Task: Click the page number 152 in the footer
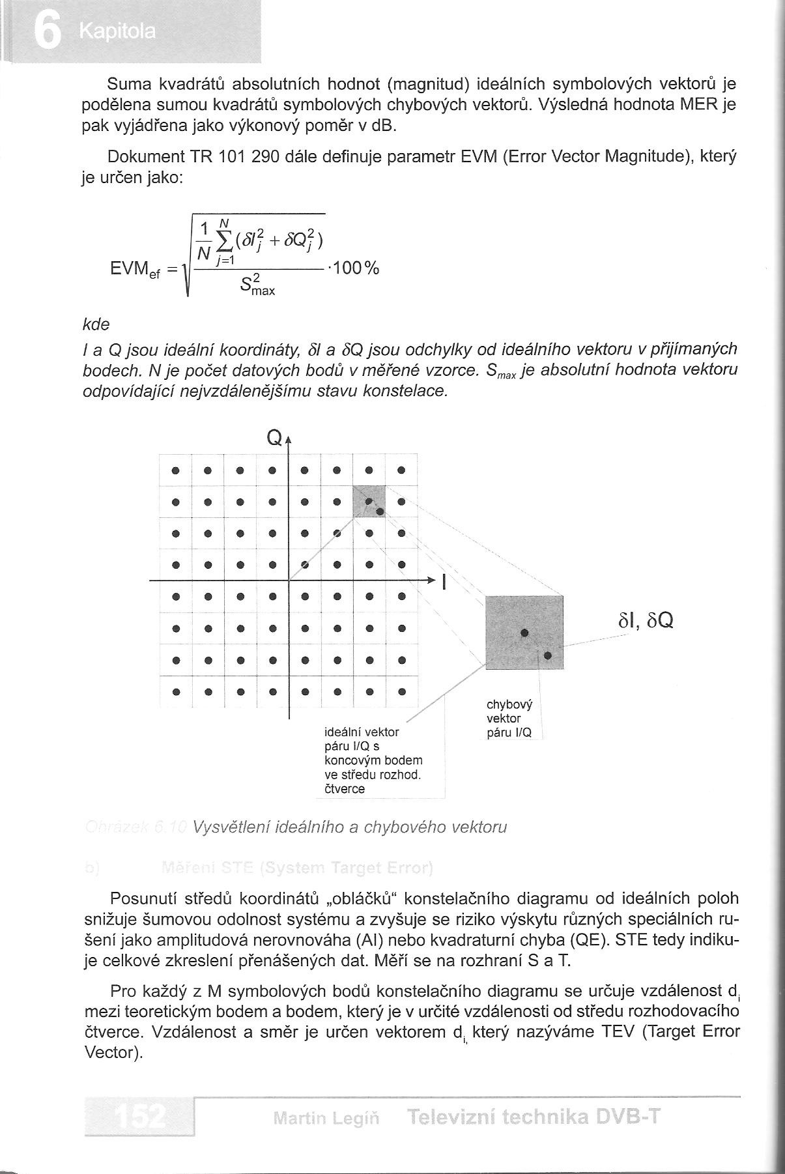[139, 1117]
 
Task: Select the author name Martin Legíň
[326, 1119]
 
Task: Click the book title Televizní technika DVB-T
[534, 1117]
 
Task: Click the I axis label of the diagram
[444, 581]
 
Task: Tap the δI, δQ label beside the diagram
[646, 621]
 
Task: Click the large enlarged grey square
[524, 632]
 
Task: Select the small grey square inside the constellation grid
[369, 501]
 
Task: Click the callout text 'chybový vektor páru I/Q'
[509, 719]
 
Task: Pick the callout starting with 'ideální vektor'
[373, 760]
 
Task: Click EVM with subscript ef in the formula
[136, 270]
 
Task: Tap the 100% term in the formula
[355, 268]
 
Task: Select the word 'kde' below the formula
[96, 324]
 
